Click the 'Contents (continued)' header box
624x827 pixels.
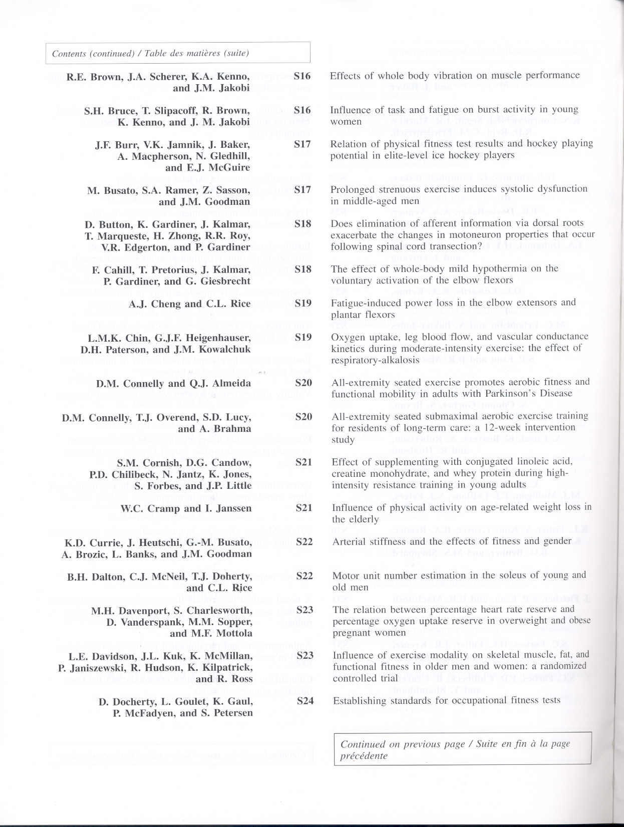pos(178,53)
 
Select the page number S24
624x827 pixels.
pos(305,701)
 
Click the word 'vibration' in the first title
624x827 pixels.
pos(456,75)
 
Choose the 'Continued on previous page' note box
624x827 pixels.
pos(462,749)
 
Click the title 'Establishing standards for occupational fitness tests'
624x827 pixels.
pos(447,700)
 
